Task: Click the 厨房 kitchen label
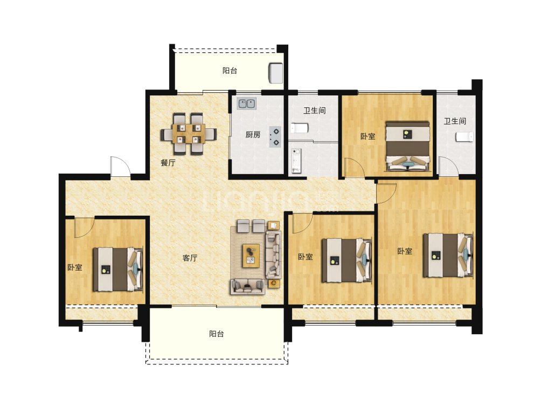pos(253,135)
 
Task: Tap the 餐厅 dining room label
pos(168,163)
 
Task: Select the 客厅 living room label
pos(190,258)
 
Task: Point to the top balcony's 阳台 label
pos(230,71)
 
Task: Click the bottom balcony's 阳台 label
pos(216,334)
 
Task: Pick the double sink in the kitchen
pos(247,104)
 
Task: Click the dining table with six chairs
pos(189,134)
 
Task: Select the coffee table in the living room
pos(251,256)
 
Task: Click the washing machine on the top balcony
pos(276,73)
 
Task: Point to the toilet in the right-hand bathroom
pos(464,137)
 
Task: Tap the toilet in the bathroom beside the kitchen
pos(299,128)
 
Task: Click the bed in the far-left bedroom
pos(118,269)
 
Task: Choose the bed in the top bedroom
pos(408,146)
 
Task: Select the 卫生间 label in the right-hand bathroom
pos(455,121)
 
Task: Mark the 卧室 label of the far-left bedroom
pos(74,267)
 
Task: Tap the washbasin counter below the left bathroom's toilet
pos(296,161)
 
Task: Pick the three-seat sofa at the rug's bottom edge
pos(248,286)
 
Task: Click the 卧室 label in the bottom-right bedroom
pos(405,251)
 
